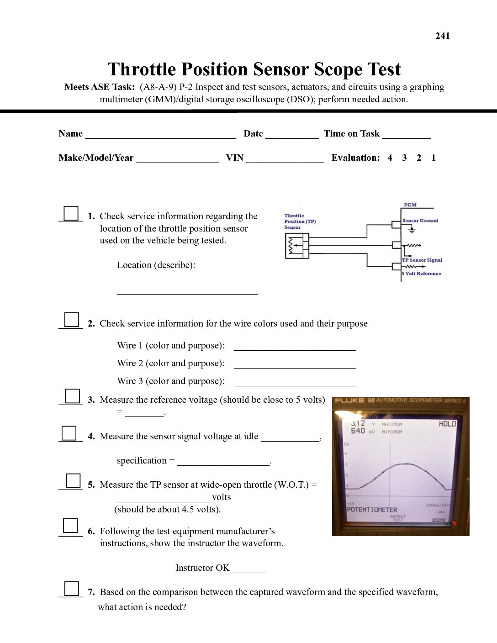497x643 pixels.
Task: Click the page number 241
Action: point(442,36)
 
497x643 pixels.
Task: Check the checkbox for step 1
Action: point(71,213)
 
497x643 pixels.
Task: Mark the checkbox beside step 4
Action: point(69,432)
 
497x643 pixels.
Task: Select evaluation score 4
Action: point(390,158)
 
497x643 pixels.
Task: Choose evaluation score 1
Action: point(434,158)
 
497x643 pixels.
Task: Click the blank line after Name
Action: point(160,136)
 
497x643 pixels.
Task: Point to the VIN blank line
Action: point(285,160)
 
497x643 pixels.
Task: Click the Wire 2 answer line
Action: point(294,366)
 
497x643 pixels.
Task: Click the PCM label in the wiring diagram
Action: point(410,205)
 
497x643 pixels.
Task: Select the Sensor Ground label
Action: point(420,221)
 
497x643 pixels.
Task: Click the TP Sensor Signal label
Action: point(422,260)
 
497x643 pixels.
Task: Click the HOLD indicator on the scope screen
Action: point(447,424)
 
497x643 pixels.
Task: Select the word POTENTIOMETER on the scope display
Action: point(372,510)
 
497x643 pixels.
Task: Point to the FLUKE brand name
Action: point(349,401)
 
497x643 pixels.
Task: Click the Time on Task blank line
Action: point(407,136)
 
